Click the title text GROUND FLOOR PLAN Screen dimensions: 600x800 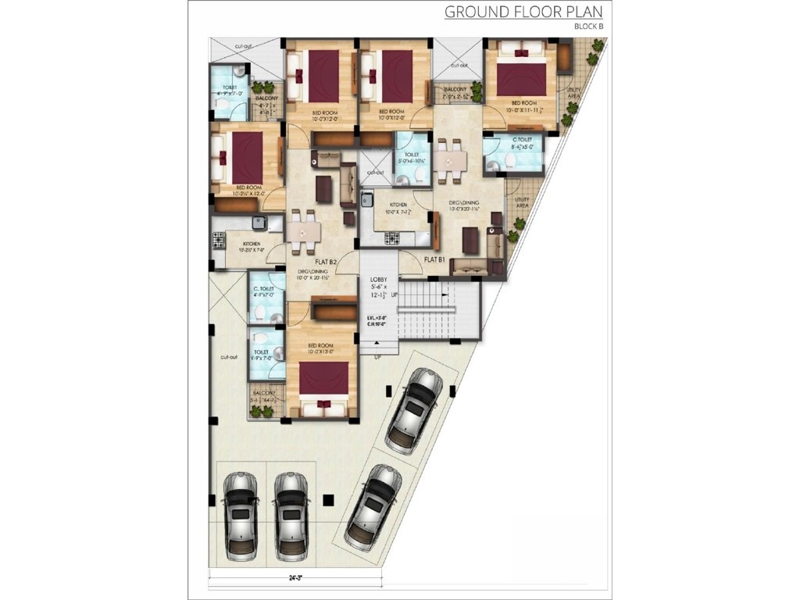(523, 12)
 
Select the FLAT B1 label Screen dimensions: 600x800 (435, 259)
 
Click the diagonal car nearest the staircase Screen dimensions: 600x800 (414, 405)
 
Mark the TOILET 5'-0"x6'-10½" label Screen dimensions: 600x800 (412, 155)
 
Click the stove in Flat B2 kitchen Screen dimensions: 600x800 (217, 238)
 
